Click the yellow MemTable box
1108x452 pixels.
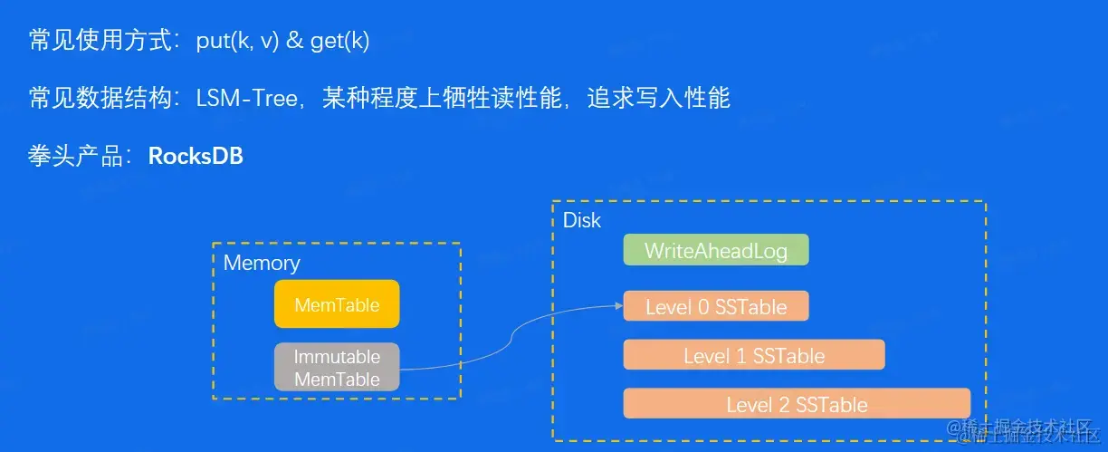[x=337, y=304]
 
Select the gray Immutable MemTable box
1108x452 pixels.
[x=337, y=368]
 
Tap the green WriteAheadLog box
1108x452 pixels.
[x=715, y=250]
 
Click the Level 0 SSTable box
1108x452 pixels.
[x=715, y=306]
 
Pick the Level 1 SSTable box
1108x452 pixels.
[x=753, y=355]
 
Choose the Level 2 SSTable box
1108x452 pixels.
[x=797, y=404]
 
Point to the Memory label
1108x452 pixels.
[x=262, y=263]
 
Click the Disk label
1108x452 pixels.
[x=581, y=220]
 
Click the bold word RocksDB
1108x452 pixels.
[x=196, y=156]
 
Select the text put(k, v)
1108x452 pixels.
[x=237, y=42]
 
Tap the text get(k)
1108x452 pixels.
[x=340, y=42]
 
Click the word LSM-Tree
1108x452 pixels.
[x=246, y=99]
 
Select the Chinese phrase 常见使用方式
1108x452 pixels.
[x=100, y=42]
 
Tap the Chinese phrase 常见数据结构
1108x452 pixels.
[x=100, y=99]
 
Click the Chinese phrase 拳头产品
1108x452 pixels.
[x=76, y=156]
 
